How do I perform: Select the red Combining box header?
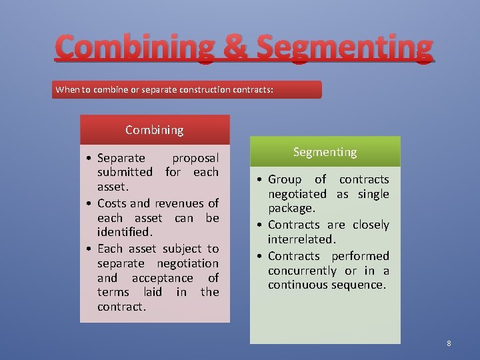coord(155,130)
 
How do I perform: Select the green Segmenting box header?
coord(325,152)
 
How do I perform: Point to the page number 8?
coord(449,343)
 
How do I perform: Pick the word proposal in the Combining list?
coord(195,158)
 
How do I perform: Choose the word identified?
coord(125,233)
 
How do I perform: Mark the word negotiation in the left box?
coord(187,263)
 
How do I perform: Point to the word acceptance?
coord(162,278)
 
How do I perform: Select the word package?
coord(291,209)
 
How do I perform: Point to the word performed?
coord(362,255)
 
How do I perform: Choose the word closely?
coord(371,225)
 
